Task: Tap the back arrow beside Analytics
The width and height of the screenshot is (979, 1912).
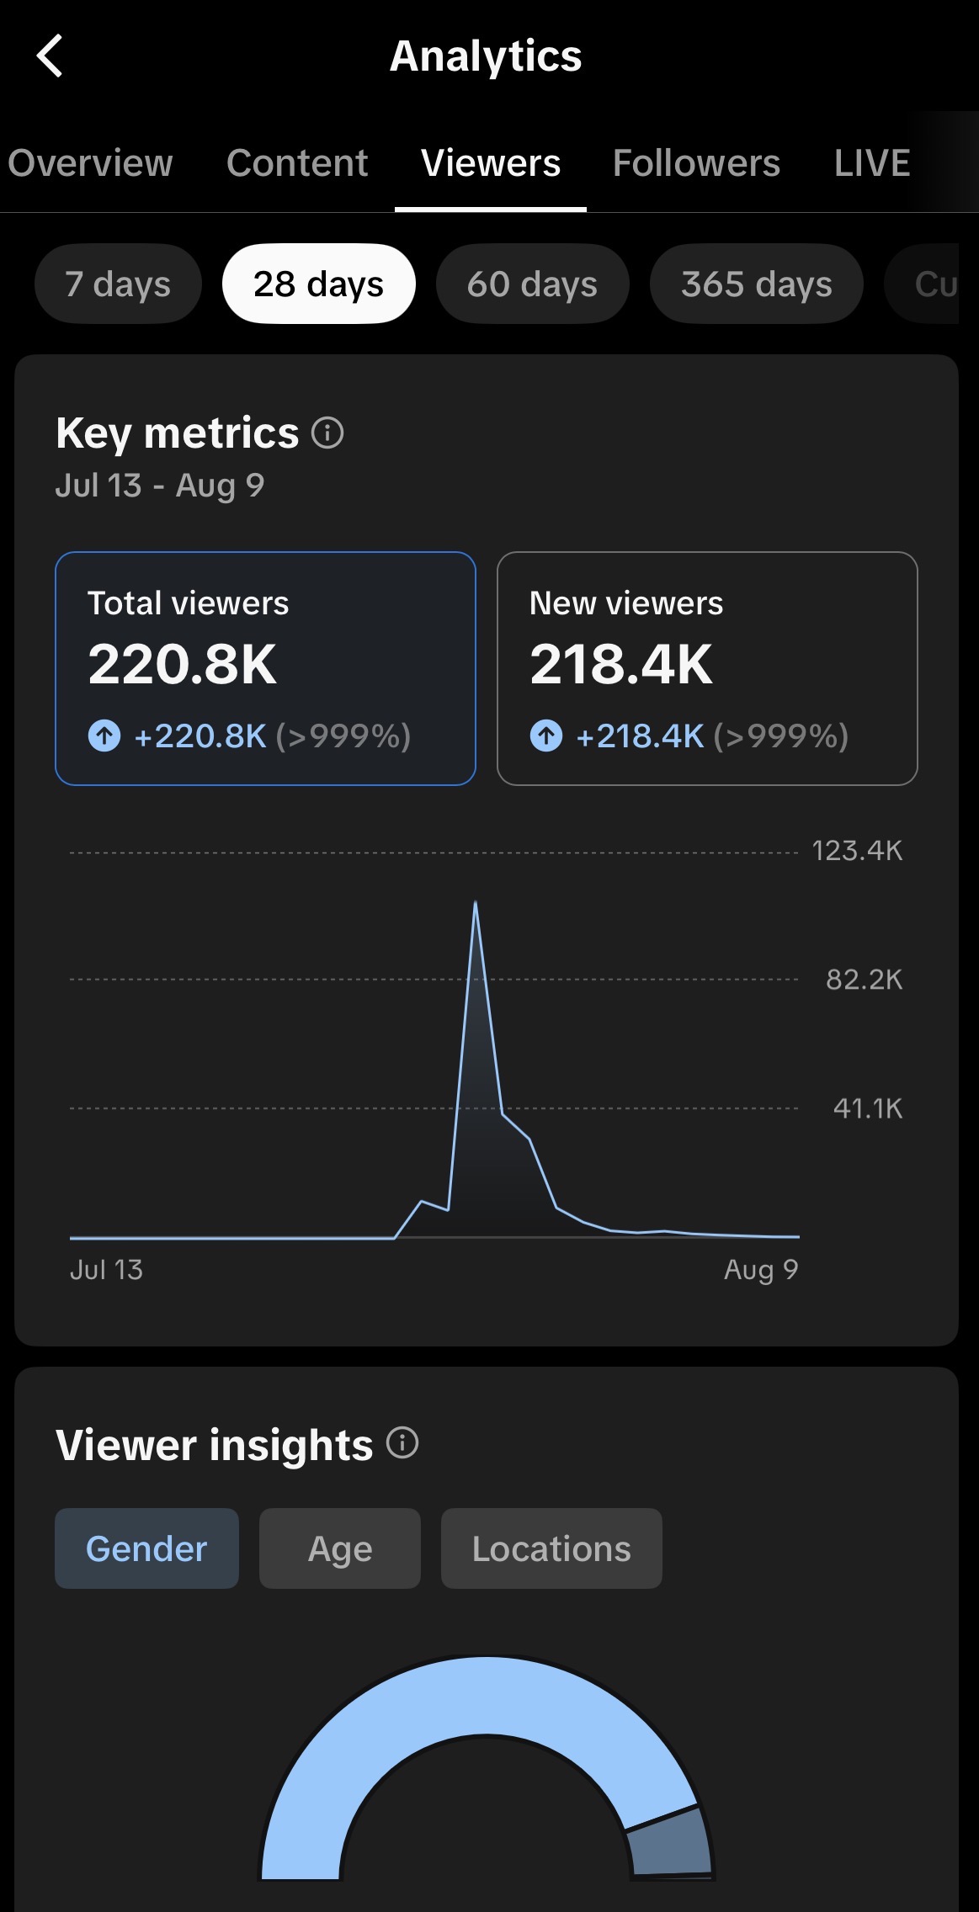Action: point(50,56)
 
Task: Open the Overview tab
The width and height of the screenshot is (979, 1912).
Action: point(90,162)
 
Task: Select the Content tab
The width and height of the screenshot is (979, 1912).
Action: point(297,162)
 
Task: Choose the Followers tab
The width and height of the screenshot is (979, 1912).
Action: point(696,162)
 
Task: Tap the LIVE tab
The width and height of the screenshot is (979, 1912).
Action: point(872,162)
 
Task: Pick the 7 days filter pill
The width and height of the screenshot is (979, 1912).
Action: point(118,284)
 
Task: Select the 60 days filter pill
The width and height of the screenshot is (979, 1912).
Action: point(532,284)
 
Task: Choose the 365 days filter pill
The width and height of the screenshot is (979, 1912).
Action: point(756,284)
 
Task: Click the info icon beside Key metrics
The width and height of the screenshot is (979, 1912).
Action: point(327,433)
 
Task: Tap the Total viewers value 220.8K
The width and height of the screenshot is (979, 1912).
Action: point(182,664)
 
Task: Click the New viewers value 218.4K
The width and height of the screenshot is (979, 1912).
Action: point(620,664)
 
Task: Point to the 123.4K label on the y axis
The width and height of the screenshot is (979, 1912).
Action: point(857,851)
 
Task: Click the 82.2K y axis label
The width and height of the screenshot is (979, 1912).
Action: point(864,980)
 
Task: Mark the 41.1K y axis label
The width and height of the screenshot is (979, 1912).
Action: point(867,1108)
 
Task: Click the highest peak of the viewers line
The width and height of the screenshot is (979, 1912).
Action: point(476,902)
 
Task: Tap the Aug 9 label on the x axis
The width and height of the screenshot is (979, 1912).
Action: point(761,1269)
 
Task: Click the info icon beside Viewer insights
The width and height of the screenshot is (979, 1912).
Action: point(402,1442)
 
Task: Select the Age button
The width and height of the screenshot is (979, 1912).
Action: point(340,1548)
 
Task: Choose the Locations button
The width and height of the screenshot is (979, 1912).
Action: point(551,1548)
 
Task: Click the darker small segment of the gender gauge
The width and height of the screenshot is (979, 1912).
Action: point(670,1842)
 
